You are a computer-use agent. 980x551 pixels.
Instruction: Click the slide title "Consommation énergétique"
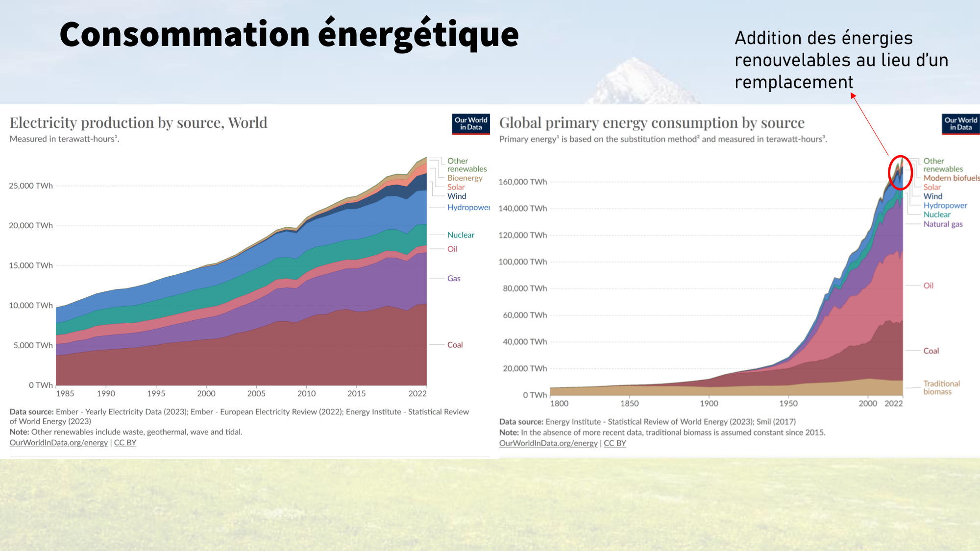(289, 35)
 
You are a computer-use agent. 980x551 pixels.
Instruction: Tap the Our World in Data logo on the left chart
(470, 124)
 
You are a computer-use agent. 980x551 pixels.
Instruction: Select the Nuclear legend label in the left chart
(461, 235)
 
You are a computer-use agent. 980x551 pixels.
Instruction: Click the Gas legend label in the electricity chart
(454, 279)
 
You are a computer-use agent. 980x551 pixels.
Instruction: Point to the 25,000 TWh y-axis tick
(31, 186)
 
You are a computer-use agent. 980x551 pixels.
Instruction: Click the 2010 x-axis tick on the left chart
(306, 393)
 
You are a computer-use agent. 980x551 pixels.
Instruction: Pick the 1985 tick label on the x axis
(65, 393)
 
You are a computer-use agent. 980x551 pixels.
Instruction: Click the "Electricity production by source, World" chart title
(139, 122)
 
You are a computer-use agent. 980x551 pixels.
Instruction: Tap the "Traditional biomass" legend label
(941, 387)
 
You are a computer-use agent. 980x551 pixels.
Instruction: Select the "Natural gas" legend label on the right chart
(943, 224)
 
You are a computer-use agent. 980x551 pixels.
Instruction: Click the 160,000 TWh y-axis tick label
(522, 182)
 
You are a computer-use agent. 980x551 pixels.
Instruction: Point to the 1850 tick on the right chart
(630, 404)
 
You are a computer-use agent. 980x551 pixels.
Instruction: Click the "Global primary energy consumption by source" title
(652, 122)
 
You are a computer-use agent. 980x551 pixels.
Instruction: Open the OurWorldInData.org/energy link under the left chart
(59, 443)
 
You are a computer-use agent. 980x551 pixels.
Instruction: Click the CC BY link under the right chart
(615, 443)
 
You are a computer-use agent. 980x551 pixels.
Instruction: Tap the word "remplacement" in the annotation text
(794, 82)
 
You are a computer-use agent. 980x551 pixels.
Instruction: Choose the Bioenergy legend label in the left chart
(465, 178)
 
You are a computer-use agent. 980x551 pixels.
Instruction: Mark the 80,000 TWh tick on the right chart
(524, 288)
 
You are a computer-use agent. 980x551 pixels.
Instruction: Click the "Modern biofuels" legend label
(951, 178)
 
